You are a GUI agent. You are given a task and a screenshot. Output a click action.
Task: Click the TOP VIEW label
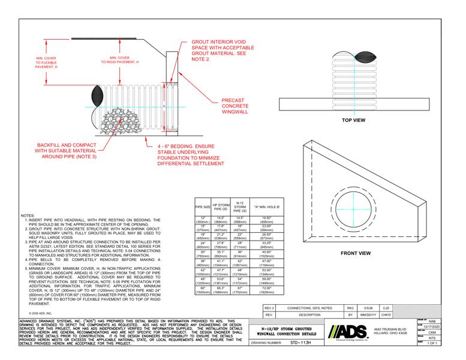pyautogui.click(x=353, y=121)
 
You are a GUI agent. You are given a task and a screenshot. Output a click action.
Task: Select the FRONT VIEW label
pyautogui.click(x=356, y=237)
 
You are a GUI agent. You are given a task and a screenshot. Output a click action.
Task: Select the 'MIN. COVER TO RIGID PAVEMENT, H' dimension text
pyautogui.click(x=120, y=59)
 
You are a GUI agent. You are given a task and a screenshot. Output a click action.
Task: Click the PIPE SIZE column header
pyautogui.click(x=202, y=207)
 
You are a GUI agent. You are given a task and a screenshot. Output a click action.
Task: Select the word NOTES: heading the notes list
pyautogui.click(x=28, y=215)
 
